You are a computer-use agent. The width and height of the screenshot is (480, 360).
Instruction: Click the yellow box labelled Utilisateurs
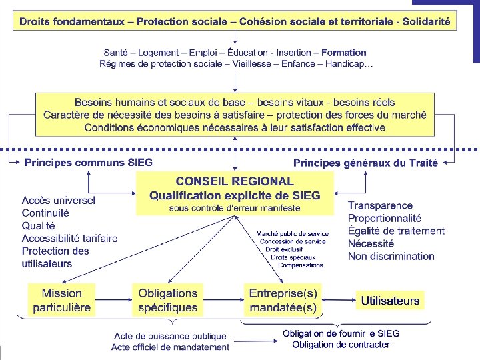[390, 301]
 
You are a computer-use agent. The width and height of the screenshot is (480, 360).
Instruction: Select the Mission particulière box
[62, 300]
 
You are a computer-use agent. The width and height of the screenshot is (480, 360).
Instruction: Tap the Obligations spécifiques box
[168, 300]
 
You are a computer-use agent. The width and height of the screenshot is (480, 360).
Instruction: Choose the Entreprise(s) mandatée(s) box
[283, 300]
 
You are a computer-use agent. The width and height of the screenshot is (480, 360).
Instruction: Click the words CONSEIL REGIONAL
[235, 181]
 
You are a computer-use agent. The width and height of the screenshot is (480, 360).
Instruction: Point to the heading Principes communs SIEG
[89, 162]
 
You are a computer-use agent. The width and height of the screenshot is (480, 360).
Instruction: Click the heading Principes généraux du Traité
[365, 163]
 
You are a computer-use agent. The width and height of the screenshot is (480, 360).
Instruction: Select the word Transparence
[380, 205]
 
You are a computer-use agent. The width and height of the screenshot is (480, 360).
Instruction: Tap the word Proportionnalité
[385, 218]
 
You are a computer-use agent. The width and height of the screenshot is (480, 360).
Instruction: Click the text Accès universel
[59, 200]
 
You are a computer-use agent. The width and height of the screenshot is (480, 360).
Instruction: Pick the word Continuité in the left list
[45, 213]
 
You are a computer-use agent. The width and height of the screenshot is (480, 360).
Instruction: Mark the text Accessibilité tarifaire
[69, 238]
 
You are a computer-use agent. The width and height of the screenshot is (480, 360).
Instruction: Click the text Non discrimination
[391, 256]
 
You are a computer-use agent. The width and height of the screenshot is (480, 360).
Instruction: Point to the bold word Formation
[344, 52]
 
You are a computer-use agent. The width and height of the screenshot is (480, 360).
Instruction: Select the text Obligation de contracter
[341, 345]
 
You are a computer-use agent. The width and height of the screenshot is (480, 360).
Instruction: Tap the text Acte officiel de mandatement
[171, 347]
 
